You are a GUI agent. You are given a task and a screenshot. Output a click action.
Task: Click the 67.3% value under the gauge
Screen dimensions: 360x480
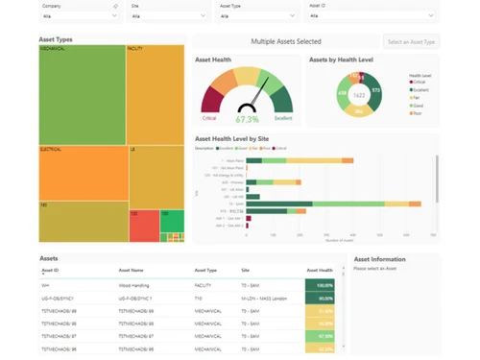[247, 120]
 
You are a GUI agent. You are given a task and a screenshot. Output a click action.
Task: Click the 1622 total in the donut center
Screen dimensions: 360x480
[358, 96]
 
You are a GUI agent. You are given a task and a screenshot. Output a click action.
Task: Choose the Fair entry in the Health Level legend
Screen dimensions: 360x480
[417, 96]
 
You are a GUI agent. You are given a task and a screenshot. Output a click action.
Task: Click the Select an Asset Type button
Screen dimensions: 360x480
[412, 42]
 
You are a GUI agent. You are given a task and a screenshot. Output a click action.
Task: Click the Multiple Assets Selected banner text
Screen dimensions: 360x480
[285, 42]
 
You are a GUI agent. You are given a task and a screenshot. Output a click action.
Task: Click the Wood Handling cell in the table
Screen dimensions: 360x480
[133, 285]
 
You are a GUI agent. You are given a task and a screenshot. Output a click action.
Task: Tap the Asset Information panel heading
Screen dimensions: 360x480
[379, 259]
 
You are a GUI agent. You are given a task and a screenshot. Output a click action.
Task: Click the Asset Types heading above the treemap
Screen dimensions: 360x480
[56, 39]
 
